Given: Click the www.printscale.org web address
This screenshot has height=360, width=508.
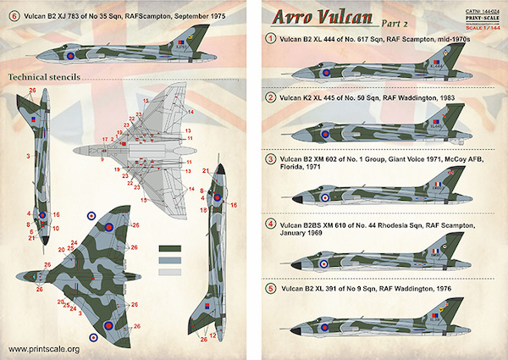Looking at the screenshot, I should [44, 349].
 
